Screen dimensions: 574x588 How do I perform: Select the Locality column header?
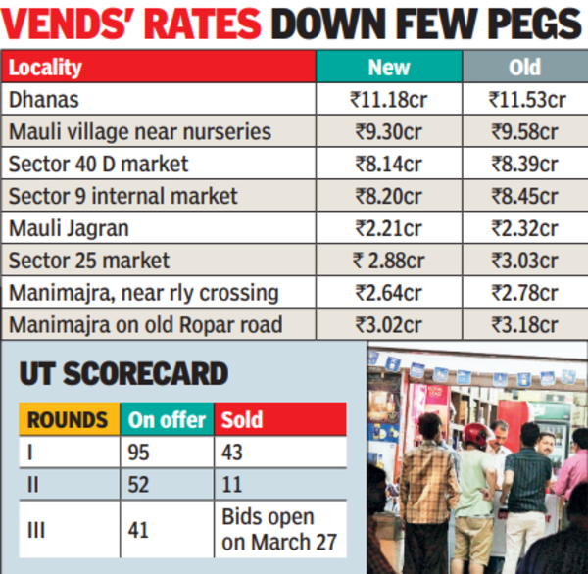coord(45,69)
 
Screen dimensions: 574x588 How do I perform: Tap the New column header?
coord(388,69)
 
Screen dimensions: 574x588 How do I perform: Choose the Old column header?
coord(525,69)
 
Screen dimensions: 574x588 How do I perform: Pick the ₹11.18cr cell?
coord(388,99)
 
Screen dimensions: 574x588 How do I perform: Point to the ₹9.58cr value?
coord(525,131)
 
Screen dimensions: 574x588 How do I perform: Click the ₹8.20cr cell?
coord(388,196)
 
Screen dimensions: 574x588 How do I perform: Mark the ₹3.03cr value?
coord(525,261)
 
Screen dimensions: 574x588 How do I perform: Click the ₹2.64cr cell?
coord(388,293)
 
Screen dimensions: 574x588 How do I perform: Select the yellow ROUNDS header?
coord(68,420)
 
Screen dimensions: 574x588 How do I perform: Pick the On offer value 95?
coord(139,453)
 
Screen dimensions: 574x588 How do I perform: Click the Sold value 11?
coord(231,484)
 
